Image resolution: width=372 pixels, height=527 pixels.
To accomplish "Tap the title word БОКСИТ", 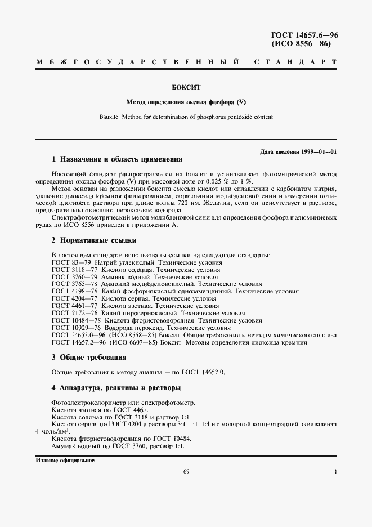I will tap(186, 88).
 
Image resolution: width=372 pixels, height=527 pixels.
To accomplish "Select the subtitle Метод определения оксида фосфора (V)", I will tap(186, 102).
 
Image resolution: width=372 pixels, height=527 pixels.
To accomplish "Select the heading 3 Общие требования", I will tap(89, 358).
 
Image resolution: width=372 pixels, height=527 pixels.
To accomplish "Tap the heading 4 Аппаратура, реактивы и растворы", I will tap(116, 388).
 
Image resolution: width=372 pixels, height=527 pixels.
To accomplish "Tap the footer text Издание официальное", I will tap(66, 461).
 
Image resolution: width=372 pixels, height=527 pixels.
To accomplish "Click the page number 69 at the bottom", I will tap(186, 472).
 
